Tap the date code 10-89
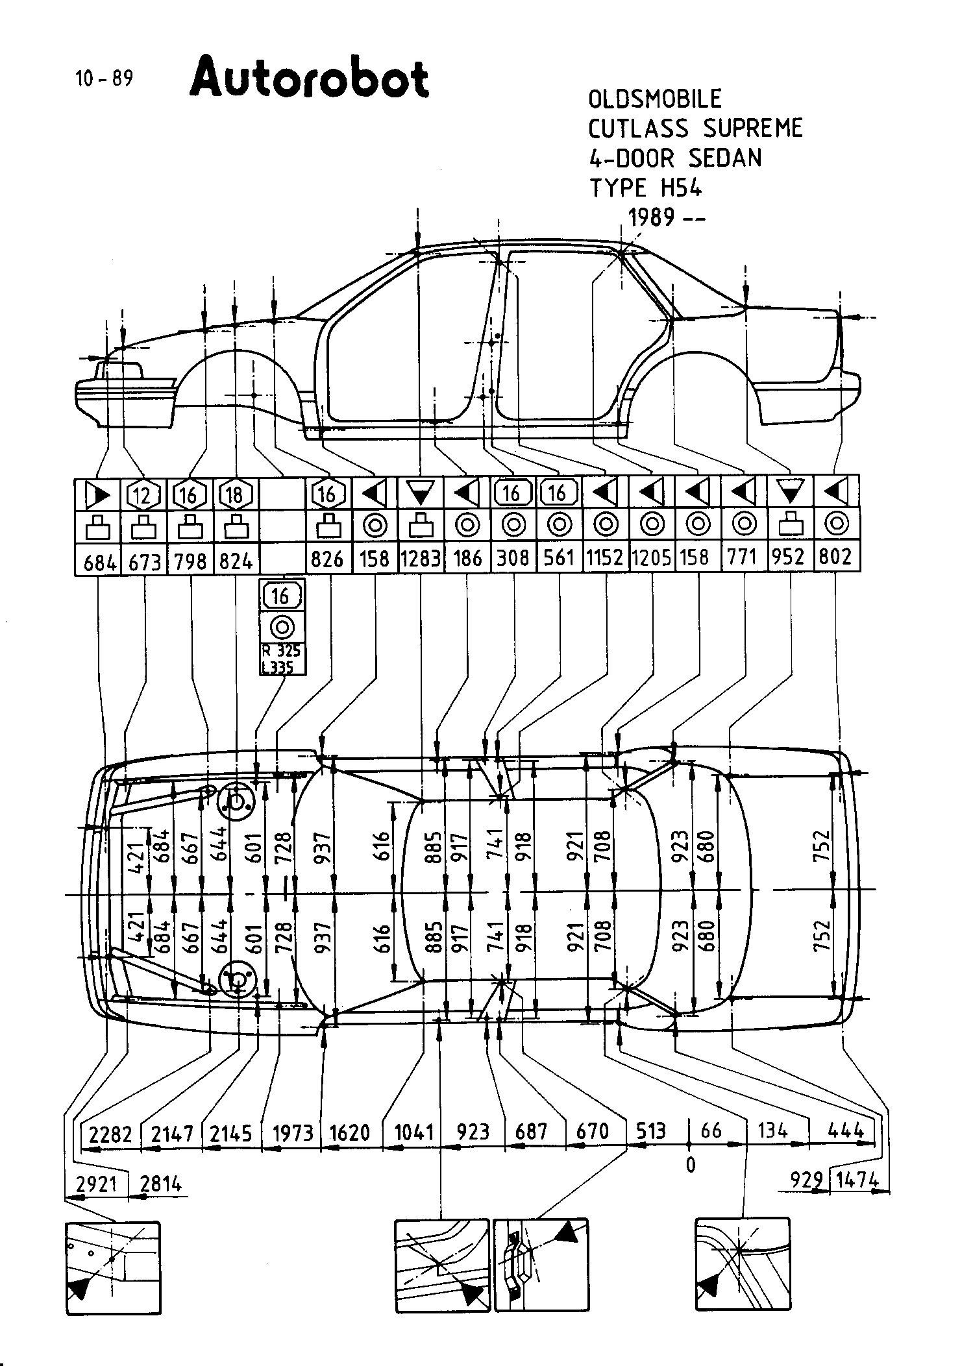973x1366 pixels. (x=104, y=79)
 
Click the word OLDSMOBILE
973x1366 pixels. (x=654, y=99)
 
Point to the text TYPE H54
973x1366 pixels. (x=645, y=188)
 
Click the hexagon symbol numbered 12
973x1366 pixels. (x=143, y=496)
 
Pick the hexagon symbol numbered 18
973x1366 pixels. (x=235, y=496)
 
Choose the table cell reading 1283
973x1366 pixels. (x=421, y=558)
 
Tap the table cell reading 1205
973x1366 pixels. (x=651, y=558)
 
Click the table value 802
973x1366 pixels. (x=835, y=557)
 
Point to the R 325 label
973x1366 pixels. (x=281, y=651)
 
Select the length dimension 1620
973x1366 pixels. (x=349, y=1133)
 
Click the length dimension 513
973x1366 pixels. (x=650, y=1131)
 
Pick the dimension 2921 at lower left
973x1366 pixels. (x=96, y=1184)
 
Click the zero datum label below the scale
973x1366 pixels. (x=690, y=1165)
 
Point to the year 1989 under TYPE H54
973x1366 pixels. (x=652, y=217)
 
